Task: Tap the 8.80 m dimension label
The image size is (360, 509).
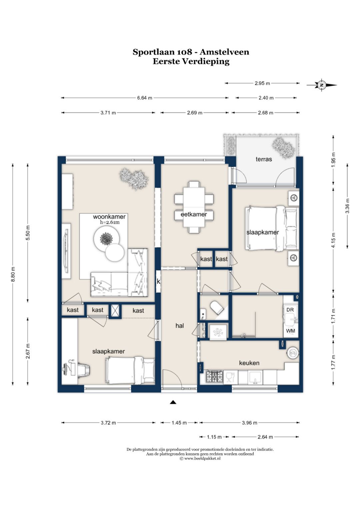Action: (x=13, y=274)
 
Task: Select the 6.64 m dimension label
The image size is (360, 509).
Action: (x=145, y=98)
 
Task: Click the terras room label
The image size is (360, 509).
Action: (x=264, y=159)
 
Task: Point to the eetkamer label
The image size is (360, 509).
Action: (x=194, y=214)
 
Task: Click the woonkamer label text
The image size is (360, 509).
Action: (x=109, y=217)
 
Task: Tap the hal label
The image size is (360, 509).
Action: (x=180, y=326)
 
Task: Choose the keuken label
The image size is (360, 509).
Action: (x=249, y=363)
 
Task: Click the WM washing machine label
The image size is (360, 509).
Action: (x=290, y=331)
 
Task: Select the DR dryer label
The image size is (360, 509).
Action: (x=290, y=310)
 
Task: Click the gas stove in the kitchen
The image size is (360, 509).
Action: (x=215, y=377)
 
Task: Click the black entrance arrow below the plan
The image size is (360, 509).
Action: (x=173, y=402)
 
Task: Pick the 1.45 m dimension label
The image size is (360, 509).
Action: (x=179, y=423)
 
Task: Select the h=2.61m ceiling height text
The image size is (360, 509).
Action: (x=110, y=222)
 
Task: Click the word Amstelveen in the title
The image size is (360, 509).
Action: (x=224, y=52)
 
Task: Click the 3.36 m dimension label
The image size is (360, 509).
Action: (x=347, y=206)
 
